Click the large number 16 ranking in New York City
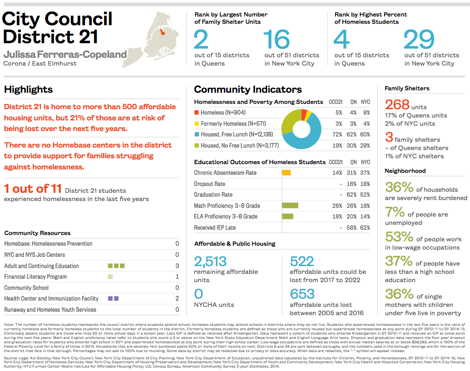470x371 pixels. (277, 39)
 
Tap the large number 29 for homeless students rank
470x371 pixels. (419, 39)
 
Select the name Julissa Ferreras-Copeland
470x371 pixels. (65, 54)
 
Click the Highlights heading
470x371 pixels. (28, 89)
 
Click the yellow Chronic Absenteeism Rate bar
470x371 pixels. (286, 173)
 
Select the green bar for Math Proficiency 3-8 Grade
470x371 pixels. (290, 205)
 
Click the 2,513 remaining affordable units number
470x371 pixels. (210, 262)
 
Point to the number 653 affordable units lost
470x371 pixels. (302, 294)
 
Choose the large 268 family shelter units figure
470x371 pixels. (397, 105)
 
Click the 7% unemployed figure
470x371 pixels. (395, 212)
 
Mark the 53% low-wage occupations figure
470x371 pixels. (399, 237)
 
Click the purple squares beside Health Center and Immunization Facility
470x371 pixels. (113, 298)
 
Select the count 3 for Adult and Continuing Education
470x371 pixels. (177, 266)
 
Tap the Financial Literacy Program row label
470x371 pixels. (35, 277)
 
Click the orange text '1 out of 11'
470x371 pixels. (32, 189)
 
